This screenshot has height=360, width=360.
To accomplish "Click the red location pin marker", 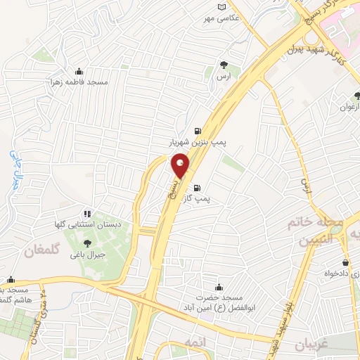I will (180, 165).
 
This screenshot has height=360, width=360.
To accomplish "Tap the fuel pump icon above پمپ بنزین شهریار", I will (196, 130).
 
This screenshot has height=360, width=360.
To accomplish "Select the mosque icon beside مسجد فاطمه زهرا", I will (78, 71).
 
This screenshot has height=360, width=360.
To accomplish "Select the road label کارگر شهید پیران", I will (310, 53).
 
